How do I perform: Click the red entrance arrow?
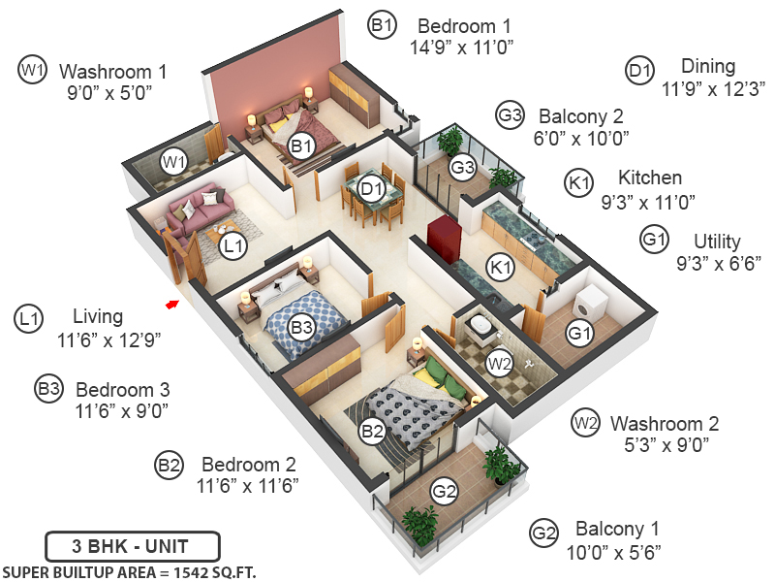[x=171, y=305]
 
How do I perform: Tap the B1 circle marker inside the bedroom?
[x=302, y=146]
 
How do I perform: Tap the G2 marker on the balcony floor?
[x=444, y=492]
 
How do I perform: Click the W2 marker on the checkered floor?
[x=500, y=364]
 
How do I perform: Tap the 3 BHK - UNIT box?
[x=133, y=544]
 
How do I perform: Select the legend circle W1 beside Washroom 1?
[x=33, y=70]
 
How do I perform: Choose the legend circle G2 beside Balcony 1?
[x=543, y=532]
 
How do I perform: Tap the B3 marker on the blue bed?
[x=302, y=328]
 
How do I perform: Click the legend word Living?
[x=98, y=316]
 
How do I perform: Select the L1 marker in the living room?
[x=232, y=247]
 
